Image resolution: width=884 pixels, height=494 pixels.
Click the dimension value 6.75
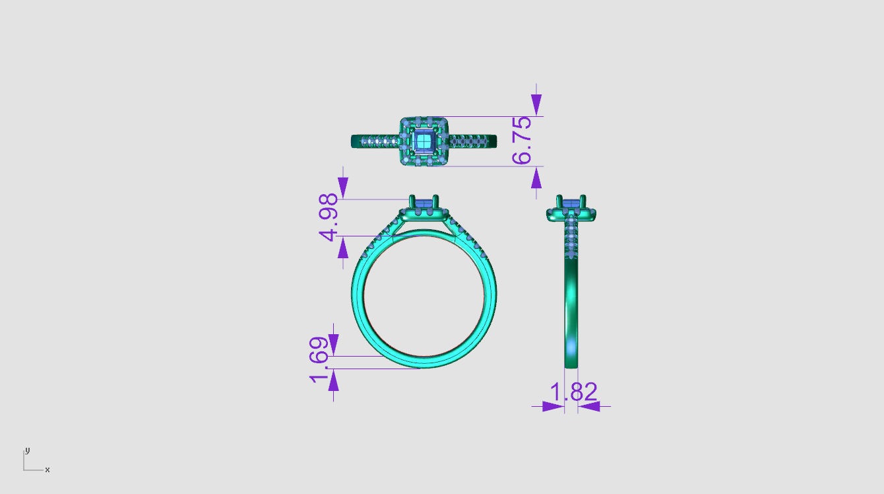521,140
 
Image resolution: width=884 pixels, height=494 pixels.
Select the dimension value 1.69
319,359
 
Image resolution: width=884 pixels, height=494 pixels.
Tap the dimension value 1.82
573,392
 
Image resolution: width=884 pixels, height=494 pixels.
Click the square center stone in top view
424,141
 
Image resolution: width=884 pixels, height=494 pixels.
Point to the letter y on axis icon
28,450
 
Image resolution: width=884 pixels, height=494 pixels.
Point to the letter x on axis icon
47,470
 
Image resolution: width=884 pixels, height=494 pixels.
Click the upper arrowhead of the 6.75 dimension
536,104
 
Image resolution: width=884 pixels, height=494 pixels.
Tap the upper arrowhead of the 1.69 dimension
334,343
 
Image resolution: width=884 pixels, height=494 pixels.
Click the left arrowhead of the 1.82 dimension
553,406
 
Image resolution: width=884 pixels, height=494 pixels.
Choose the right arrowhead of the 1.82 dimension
589,406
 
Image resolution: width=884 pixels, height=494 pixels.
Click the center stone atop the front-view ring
424,202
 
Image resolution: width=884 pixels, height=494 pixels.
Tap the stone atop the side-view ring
571,202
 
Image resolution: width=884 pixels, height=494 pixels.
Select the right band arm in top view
473,141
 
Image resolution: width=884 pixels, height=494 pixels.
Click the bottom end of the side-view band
571,363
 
